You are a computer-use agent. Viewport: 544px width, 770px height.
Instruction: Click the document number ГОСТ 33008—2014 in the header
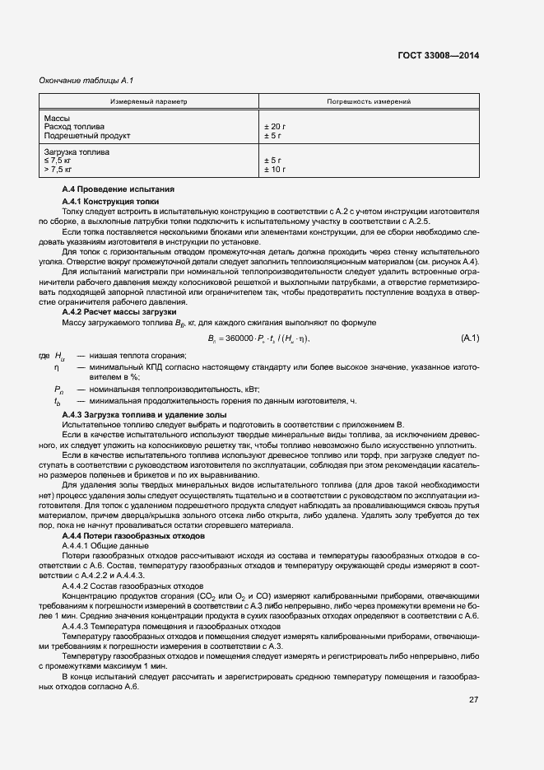(437, 55)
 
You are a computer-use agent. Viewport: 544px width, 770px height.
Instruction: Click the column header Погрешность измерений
(369, 102)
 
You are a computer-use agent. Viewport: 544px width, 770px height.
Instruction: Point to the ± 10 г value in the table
(275, 169)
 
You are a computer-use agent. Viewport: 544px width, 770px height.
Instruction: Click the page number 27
(474, 700)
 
